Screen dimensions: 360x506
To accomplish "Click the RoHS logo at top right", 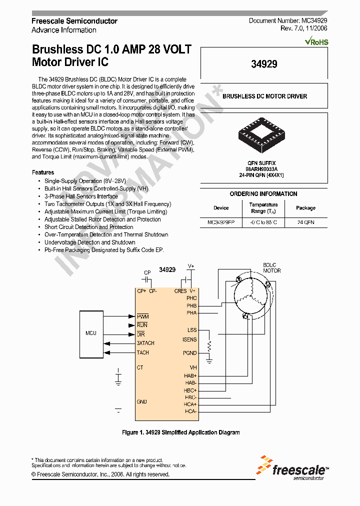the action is tap(316, 42).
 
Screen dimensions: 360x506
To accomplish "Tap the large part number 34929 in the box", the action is tap(264, 63).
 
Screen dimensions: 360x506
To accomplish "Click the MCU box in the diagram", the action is tap(90, 333).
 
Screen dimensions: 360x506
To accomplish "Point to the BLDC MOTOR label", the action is tap(272, 267).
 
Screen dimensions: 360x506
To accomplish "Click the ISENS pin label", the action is tap(189, 339).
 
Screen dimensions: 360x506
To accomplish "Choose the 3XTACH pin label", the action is tap(145, 343).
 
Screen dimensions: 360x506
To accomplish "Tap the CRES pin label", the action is tap(180, 290).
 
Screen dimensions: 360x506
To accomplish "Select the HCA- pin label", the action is tap(190, 411).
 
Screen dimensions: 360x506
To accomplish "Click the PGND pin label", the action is tap(190, 353).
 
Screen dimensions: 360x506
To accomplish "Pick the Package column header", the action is tap(305, 208).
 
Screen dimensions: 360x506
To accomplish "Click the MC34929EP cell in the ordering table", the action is tap(221, 222).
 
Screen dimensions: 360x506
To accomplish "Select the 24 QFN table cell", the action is tap(305, 222).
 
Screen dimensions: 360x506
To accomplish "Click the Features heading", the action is tap(43, 172).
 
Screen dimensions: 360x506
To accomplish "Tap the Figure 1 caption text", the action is tap(181, 432).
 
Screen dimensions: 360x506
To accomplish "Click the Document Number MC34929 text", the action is tap(288, 21).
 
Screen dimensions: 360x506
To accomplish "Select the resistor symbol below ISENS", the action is tap(209, 346).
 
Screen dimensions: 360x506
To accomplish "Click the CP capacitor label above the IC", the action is tap(147, 272).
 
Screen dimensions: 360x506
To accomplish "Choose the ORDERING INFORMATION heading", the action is tap(263, 194).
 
